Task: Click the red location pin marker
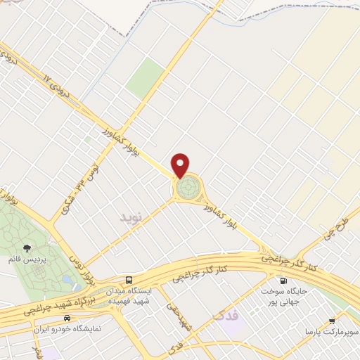[181, 165]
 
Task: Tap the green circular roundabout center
[188, 188]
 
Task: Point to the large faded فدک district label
[226, 316]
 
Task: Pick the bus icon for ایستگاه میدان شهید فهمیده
[128, 279]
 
